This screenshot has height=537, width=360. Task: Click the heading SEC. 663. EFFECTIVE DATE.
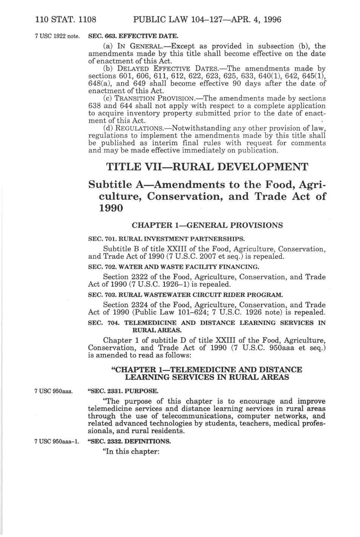coord(132,36)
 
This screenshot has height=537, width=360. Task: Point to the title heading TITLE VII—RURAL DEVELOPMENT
coord(207,167)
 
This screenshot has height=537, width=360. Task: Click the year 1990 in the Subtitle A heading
coord(105,208)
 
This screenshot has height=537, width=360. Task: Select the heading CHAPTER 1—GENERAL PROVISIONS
coord(207,226)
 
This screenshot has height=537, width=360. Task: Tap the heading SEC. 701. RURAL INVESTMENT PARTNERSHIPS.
coord(166,239)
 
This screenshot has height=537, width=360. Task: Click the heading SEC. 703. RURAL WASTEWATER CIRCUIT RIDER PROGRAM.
coord(185,295)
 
